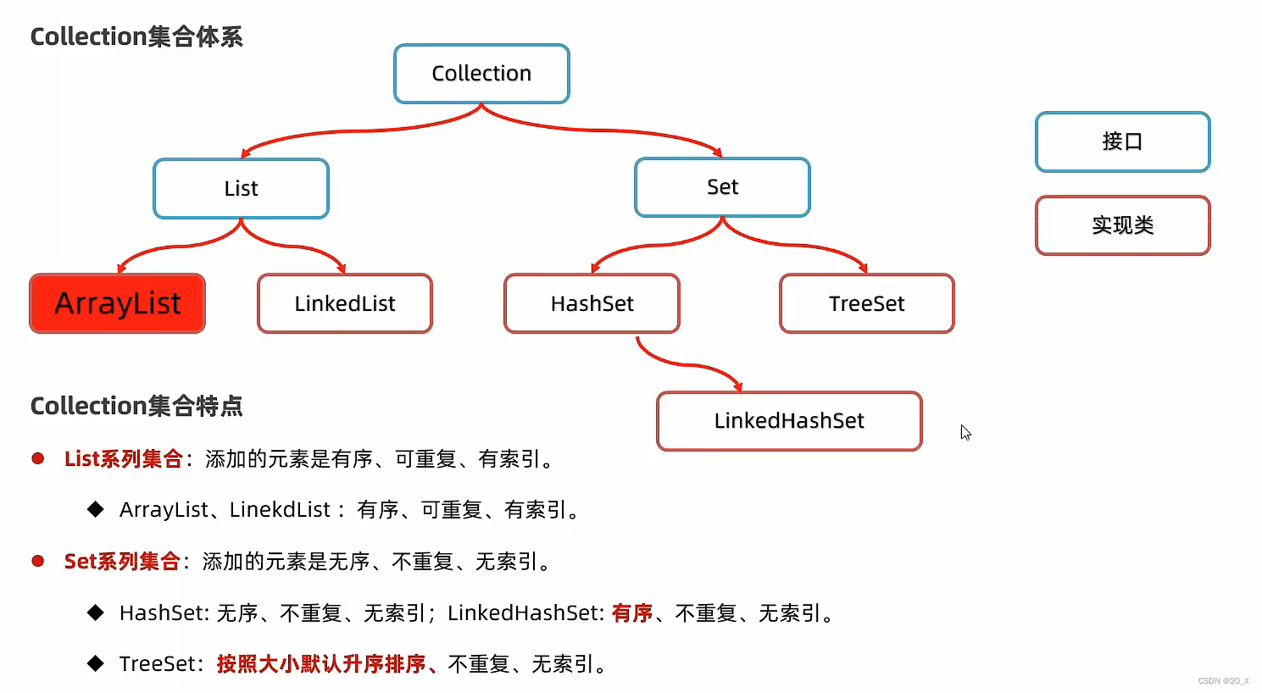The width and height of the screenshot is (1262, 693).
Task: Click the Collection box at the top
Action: (x=481, y=74)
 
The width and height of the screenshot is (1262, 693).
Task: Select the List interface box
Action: (x=241, y=188)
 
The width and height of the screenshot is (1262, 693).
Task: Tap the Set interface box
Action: (x=722, y=187)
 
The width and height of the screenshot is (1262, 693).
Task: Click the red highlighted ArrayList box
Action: (x=118, y=303)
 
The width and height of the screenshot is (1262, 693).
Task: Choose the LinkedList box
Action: (x=345, y=303)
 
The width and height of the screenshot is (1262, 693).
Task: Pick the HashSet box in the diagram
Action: (x=592, y=303)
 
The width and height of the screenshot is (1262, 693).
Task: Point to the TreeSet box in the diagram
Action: (x=866, y=303)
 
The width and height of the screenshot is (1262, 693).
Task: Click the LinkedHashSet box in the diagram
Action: (x=789, y=421)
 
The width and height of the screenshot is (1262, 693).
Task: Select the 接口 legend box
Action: (x=1122, y=141)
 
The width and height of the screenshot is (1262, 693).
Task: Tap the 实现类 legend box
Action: (x=1122, y=225)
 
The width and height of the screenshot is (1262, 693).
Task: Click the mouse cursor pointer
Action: (x=965, y=432)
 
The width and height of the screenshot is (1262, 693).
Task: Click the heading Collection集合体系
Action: (x=136, y=37)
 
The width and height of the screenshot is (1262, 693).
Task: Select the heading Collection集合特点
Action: (x=136, y=407)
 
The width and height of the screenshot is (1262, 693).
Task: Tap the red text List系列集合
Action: (x=124, y=459)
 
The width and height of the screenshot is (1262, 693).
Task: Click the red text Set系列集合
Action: (x=122, y=562)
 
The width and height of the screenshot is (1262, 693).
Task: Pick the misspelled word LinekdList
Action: (x=280, y=510)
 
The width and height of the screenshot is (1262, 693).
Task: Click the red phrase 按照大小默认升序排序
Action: (x=321, y=664)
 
